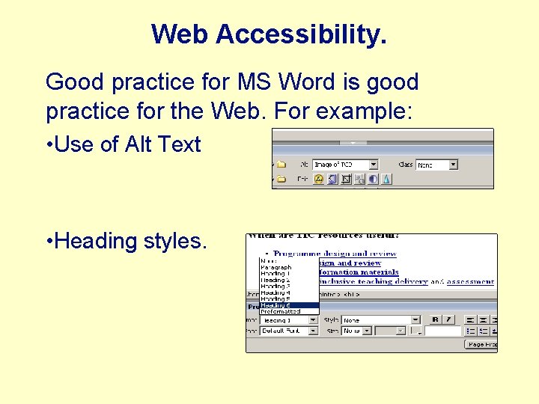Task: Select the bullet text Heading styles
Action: click(126, 241)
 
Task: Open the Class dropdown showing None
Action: click(436, 164)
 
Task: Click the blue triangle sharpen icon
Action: click(386, 180)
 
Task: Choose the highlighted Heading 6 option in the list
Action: click(288, 305)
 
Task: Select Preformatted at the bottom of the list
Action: click(280, 312)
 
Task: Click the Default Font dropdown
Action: click(289, 330)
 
